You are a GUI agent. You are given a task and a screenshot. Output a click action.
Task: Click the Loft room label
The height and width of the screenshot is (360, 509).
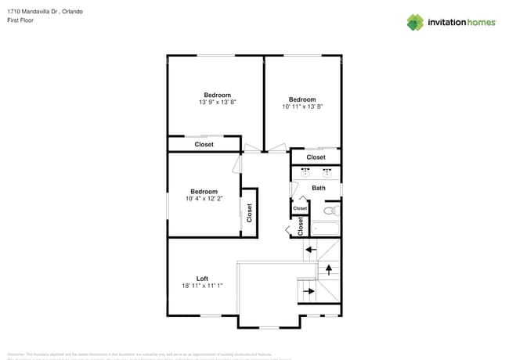202,279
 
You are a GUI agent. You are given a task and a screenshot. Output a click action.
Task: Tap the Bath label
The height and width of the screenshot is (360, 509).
319,188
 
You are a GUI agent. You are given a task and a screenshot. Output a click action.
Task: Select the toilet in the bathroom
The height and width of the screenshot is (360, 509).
330,211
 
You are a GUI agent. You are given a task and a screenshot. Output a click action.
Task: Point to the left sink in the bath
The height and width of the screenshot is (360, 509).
305,174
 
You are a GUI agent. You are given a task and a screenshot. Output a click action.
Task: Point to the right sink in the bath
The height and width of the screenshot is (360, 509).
328,174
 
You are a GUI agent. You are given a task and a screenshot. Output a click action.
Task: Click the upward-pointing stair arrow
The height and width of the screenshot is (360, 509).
328,270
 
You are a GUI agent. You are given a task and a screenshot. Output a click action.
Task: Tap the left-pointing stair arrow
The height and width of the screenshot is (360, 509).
310,250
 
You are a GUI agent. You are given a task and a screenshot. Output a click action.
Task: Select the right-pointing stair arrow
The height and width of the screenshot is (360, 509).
309,291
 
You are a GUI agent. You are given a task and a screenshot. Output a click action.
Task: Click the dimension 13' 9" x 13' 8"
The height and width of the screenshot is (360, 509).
218,103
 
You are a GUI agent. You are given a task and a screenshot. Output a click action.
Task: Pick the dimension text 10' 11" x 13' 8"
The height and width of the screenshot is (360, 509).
302,106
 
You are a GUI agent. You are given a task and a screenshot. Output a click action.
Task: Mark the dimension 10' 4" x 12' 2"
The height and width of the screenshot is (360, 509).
204,199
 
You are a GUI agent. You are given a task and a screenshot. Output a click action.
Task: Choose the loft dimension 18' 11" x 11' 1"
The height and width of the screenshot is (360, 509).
202,286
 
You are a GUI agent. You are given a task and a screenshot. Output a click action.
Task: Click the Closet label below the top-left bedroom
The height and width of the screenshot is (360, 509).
204,144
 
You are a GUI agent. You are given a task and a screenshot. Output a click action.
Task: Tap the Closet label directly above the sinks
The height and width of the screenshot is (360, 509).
316,157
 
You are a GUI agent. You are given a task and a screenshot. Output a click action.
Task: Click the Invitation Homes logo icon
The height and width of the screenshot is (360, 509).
414,22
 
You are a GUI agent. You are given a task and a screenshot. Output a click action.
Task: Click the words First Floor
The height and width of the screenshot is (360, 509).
21,21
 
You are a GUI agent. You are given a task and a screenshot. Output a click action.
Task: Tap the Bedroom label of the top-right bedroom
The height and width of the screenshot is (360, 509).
302,99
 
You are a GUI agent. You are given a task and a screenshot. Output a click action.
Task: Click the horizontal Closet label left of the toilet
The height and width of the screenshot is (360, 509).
300,208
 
